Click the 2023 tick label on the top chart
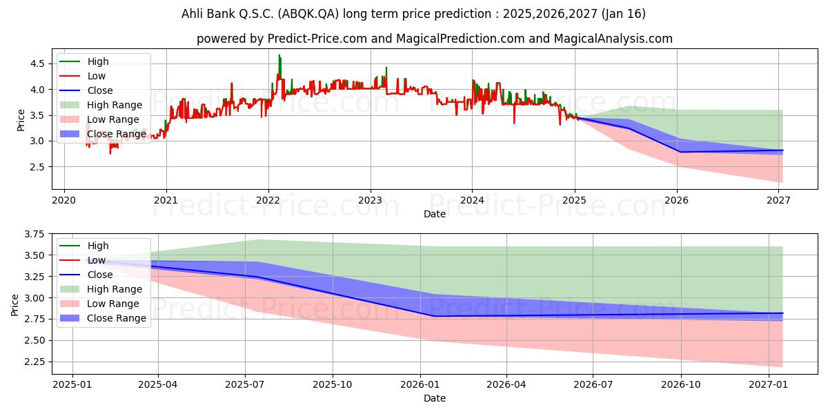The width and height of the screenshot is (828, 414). click(371, 200)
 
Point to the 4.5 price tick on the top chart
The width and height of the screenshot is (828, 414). click(37, 63)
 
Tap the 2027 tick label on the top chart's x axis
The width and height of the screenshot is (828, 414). click(778, 200)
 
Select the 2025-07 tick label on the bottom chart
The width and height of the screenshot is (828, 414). click(245, 385)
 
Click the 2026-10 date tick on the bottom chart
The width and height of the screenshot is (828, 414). click(681, 385)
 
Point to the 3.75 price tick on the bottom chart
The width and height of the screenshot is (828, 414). click(34, 234)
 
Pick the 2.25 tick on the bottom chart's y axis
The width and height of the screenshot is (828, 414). click(34, 362)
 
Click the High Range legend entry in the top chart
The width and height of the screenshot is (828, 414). click(101, 105)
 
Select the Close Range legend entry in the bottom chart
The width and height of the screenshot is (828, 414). click(103, 318)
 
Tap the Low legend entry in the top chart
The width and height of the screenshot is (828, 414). click(83, 76)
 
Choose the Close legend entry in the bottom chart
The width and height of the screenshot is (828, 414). click(86, 275)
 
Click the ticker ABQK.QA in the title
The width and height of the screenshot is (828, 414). click(308, 14)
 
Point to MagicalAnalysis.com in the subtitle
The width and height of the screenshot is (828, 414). click(613, 39)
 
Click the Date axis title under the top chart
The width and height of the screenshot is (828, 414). click(435, 214)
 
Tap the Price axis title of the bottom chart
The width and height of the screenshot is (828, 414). click(14, 305)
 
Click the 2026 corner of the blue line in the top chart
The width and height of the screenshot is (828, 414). click(680, 152)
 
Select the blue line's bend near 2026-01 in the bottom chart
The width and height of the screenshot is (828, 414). click(434, 316)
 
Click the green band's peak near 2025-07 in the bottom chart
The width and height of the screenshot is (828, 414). click(259, 239)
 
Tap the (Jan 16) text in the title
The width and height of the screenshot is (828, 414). click(624, 14)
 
